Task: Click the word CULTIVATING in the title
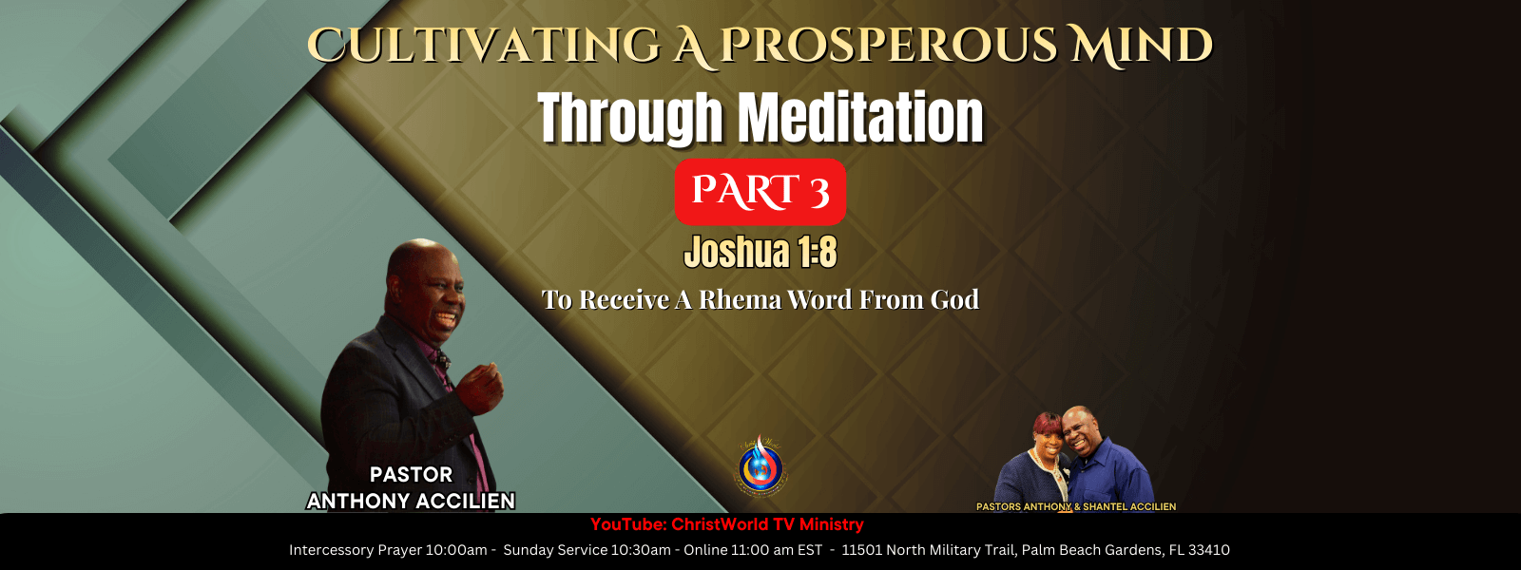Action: [483, 47]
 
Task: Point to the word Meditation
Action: [861, 118]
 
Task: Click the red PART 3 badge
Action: [760, 191]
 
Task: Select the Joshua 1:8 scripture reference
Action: [760, 253]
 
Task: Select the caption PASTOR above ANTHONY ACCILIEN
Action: [411, 474]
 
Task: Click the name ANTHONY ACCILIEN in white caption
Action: [411, 501]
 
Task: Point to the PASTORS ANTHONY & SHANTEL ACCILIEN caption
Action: [1076, 506]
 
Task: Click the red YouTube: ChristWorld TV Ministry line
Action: [726, 524]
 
